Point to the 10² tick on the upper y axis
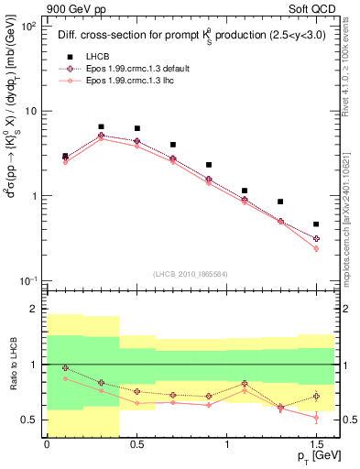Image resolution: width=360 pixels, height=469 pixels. tap(27, 27)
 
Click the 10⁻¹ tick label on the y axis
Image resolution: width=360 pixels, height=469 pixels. tap(27, 279)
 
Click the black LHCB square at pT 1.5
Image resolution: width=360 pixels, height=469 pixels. tap(316, 224)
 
